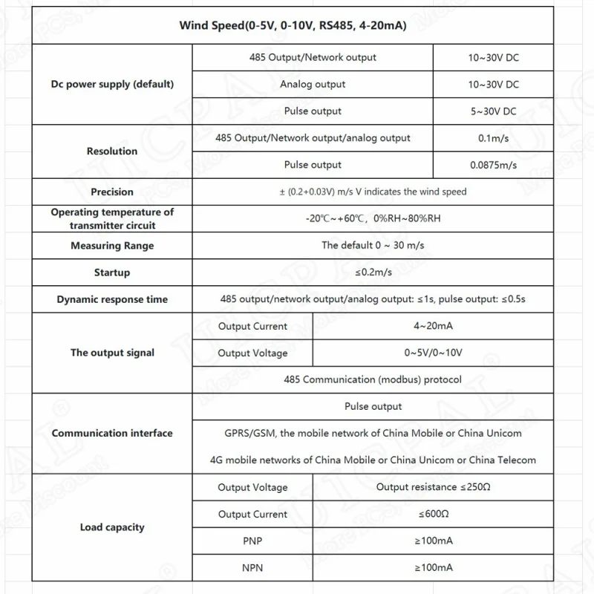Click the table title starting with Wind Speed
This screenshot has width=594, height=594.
coord(293,25)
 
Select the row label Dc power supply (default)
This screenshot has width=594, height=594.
coord(112,84)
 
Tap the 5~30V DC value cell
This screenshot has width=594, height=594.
coord(493,111)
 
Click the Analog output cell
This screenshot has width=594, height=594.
coord(313,84)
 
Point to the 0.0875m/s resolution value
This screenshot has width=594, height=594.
coord(493,165)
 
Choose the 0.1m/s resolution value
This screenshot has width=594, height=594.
coord(493,138)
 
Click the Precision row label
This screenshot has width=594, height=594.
coord(112,192)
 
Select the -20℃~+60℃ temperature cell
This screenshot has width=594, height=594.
coord(373,218)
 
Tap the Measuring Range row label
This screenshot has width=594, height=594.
coord(112,246)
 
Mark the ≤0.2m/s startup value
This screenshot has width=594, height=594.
coord(373,272)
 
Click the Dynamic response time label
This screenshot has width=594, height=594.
coord(112,299)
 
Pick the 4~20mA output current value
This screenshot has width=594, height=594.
coord(433,326)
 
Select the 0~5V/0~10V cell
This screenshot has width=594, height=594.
coord(433,353)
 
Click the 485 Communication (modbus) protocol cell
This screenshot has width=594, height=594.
coord(373,379)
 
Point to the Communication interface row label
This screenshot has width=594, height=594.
coord(112,433)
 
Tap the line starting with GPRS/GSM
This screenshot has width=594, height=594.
coord(373,433)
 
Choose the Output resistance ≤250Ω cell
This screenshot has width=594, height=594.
coord(433,487)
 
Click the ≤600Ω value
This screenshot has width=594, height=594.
coord(433,514)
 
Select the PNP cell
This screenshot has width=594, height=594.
coord(252,541)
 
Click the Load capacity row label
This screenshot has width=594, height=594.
coord(112,527)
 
